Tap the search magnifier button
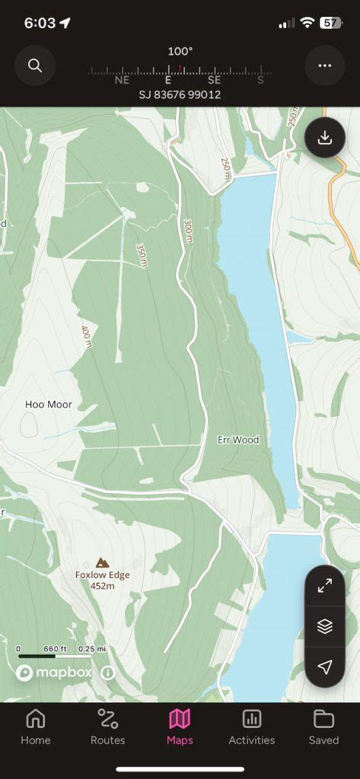pos(35,65)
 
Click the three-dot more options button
pos(325,65)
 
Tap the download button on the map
pos(325,138)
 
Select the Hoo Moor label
pos(49,405)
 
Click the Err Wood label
pos(238,440)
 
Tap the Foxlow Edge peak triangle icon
pos(102,562)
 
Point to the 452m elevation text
pos(102,586)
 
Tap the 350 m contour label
pos(142,255)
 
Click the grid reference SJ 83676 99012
pos(180,94)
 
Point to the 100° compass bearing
pos(180,51)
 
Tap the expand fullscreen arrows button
pos(325,586)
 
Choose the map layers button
pos(325,626)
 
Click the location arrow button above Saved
pos(325,667)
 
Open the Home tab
pos(36,727)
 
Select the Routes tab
pos(108,727)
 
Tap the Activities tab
pos(252,727)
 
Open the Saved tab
pos(323,727)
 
